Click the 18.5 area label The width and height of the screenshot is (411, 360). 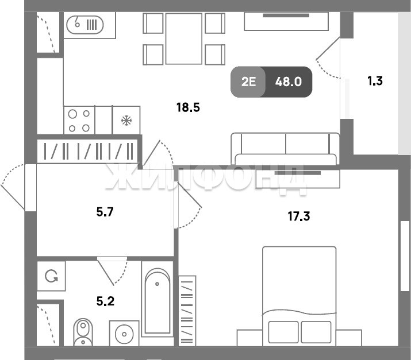188,107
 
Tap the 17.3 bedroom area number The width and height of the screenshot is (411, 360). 299,216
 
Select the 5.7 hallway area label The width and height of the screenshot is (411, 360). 105,212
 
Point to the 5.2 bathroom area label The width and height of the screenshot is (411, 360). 105,301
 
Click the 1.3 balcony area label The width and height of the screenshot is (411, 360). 375,81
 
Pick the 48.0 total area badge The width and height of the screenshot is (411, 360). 289,82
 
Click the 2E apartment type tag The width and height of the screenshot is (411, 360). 248,82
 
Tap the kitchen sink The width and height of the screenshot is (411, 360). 85,25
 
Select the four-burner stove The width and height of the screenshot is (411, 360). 79,121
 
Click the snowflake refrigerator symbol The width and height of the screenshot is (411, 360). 126,121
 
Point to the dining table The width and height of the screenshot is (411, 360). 184,38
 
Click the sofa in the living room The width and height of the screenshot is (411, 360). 285,149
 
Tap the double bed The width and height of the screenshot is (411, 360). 299,296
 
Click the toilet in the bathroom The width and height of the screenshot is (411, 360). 83,332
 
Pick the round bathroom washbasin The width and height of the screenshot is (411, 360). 124,334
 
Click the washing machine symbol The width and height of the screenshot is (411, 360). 51,276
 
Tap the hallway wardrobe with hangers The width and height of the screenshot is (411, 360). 87,152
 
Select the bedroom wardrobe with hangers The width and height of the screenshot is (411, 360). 187,311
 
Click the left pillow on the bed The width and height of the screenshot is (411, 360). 283,332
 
